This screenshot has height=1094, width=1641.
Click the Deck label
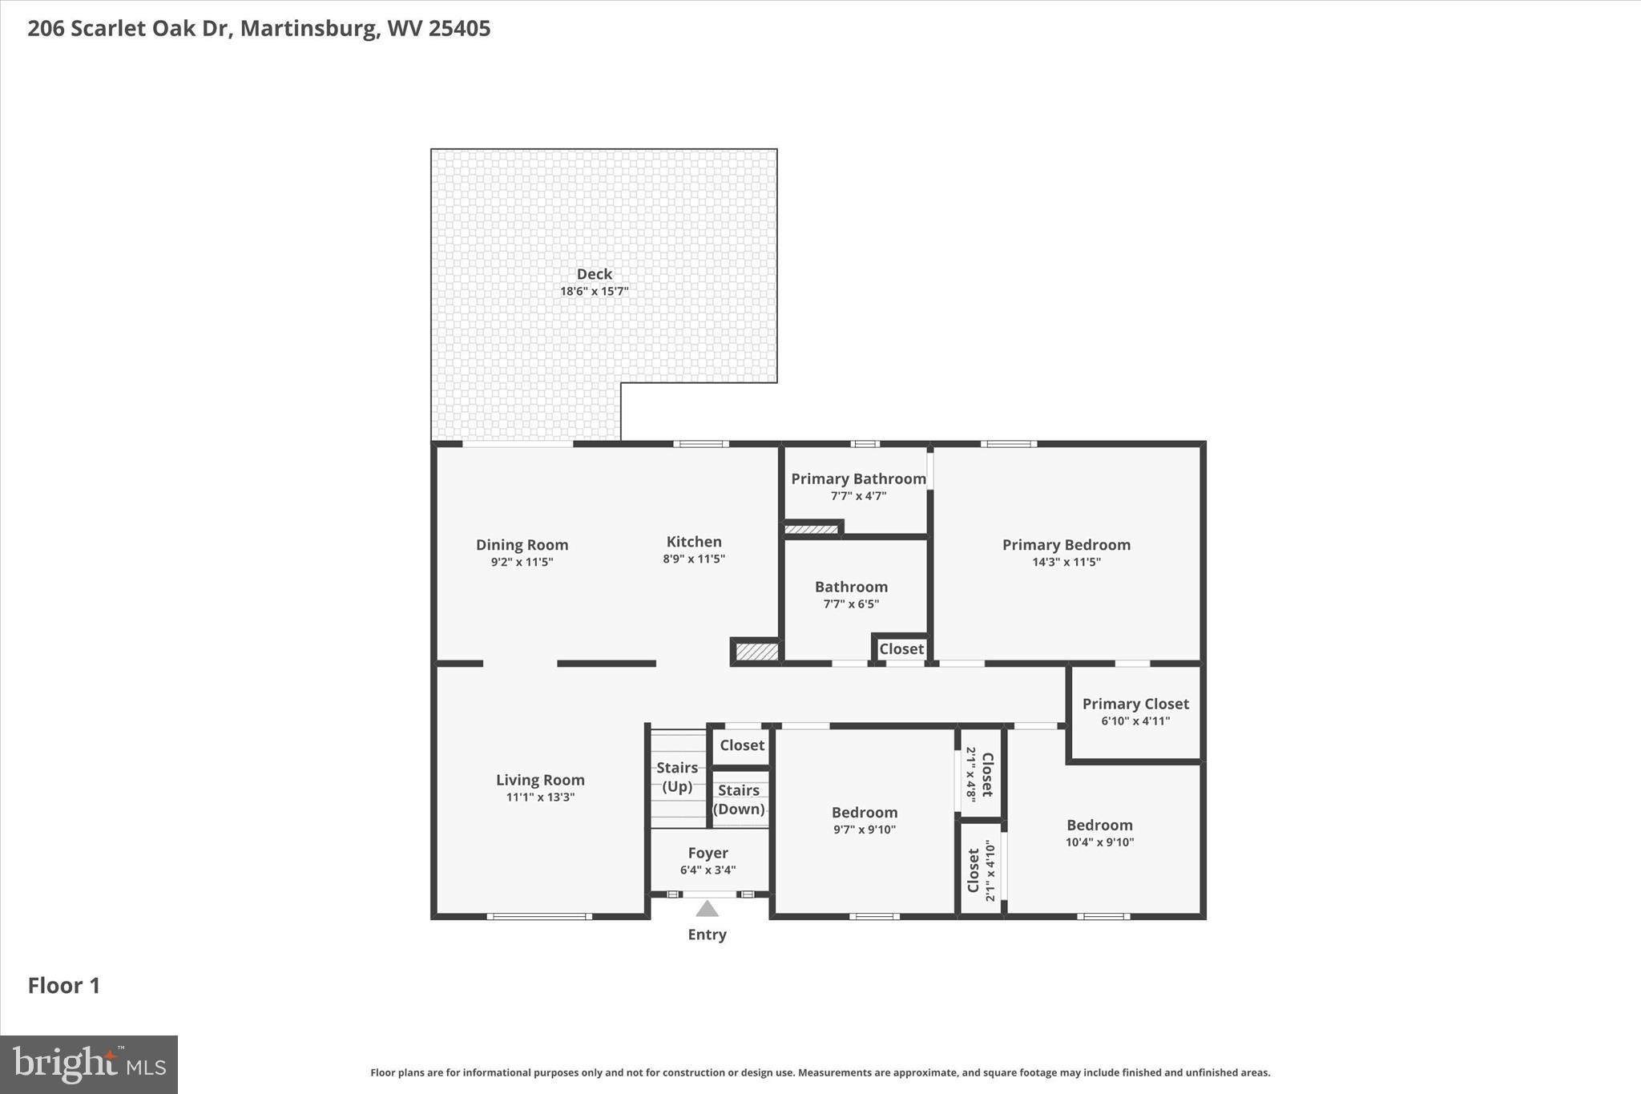tap(594, 274)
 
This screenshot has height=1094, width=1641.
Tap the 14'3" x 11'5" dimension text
tap(1066, 562)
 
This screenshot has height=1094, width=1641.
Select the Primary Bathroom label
tap(858, 478)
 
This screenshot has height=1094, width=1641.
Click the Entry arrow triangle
tap(707, 909)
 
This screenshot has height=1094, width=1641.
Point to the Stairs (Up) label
tap(677, 777)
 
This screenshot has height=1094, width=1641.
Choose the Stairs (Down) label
tap(739, 799)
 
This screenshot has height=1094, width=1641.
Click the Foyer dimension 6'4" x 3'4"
tap(708, 870)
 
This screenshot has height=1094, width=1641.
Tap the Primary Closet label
tap(1135, 704)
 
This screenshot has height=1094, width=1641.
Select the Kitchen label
tap(694, 542)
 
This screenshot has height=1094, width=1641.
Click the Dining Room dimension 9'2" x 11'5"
tap(522, 562)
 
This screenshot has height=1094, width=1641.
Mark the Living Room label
tap(540, 780)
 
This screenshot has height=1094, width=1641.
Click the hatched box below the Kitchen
tap(757, 652)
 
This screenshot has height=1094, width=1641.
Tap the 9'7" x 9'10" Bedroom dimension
tap(864, 830)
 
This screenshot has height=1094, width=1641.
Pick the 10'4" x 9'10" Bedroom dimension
tap(1099, 842)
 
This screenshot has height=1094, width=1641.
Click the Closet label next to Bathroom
tap(901, 649)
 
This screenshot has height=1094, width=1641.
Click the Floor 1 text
tap(64, 986)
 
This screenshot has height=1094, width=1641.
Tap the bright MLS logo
tap(89, 1064)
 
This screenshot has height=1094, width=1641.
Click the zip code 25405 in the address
tap(459, 29)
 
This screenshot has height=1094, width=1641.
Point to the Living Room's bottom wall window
tap(539, 916)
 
